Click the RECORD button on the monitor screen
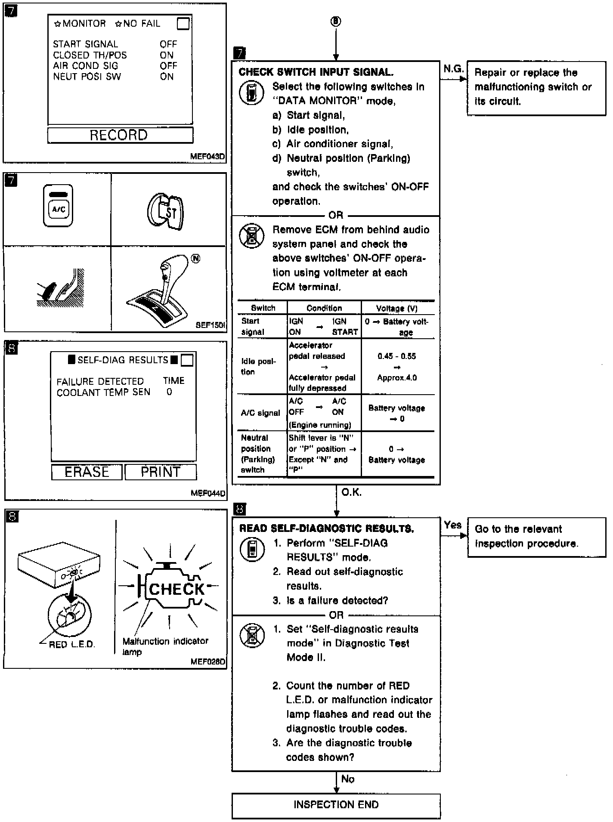coord(120,135)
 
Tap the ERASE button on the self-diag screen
coord(87,472)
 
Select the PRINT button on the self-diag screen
coord(160,472)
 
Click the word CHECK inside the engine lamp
coord(176,589)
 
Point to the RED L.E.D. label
coord(72,644)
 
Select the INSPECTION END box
coord(336,805)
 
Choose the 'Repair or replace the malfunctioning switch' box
coord(536,87)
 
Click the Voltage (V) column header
coord(396,308)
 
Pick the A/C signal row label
coord(260,413)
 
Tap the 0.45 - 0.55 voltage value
coord(396,356)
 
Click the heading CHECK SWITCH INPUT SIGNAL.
coord(316,72)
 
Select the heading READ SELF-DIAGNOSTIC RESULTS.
coord(326,528)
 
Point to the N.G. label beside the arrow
coord(453,69)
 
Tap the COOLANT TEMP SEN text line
coord(104,392)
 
